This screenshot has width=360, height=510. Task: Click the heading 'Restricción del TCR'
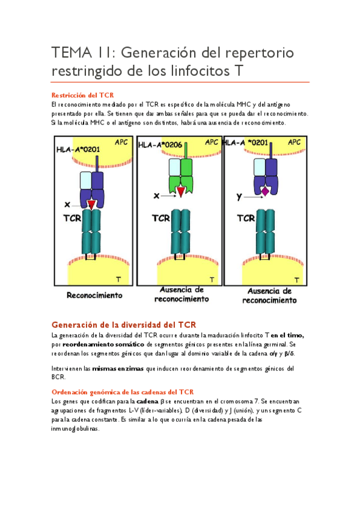click(x=82, y=95)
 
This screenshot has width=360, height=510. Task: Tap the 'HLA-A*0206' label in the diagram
click(x=160, y=145)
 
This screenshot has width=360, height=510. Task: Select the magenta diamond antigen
click(x=265, y=192)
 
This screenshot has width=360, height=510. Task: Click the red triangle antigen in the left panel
click(x=91, y=204)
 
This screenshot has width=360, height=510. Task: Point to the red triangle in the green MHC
click(x=181, y=192)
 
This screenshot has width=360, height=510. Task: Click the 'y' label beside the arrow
click(x=239, y=197)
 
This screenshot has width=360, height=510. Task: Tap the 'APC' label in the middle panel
click(x=212, y=142)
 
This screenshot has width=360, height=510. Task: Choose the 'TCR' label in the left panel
click(x=72, y=218)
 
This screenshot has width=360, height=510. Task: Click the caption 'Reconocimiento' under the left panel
click(x=94, y=295)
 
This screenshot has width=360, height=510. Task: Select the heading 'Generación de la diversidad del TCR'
click(x=124, y=325)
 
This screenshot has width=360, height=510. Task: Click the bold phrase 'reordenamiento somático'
click(x=103, y=344)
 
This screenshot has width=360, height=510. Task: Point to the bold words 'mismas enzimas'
click(x=118, y=369)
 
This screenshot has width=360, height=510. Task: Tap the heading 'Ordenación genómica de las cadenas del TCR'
click(x=123, y=392)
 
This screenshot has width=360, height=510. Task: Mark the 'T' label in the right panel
click(x=297, y=280)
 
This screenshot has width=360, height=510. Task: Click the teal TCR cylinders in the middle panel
click(x=181, y=232)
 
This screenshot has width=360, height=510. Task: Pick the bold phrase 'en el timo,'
click(x=287, y=336)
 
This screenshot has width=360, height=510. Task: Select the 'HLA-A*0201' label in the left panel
click(x=78, y=150)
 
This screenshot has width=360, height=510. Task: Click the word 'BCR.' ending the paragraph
click(x=58, y=377)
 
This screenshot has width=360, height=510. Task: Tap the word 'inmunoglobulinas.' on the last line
click(x=75, y=429)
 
